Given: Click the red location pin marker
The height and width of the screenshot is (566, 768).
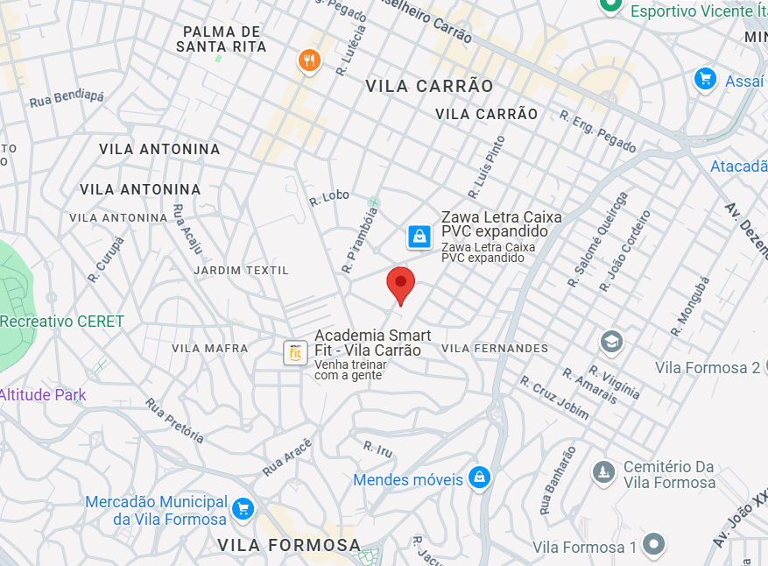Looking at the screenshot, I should point(401,283).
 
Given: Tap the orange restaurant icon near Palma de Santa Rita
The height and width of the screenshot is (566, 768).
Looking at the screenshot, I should point(309,60).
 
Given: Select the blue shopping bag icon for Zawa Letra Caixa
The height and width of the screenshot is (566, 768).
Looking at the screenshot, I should point(419,236).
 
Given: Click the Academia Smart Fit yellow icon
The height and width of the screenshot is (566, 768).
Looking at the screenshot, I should point(295,352).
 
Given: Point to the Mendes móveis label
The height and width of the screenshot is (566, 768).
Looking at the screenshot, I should point(408,479).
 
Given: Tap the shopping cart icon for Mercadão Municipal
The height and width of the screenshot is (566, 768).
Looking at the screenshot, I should point(243,507).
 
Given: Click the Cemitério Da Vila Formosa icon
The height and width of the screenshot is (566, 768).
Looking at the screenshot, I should point(602,473).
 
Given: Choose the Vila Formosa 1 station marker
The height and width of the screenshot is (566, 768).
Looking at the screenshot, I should point(653,546).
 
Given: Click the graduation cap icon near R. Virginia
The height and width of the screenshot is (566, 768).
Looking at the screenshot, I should point(611,341).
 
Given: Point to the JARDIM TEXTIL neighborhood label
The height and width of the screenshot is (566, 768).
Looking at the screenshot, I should point(241,270).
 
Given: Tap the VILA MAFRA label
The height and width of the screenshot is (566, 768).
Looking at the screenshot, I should point(210,348).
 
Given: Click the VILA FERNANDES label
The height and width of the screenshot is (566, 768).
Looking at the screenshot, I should point(495,348).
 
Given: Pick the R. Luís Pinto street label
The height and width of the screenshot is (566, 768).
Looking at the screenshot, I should point(487,166).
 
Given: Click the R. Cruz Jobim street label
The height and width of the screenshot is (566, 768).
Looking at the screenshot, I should point(554,398).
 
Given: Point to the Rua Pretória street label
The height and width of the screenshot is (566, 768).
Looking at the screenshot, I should point(175,421).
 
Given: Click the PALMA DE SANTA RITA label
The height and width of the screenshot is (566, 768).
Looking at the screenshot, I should point(222,39).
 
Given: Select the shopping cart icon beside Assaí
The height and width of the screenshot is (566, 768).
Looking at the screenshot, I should point(705,80).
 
